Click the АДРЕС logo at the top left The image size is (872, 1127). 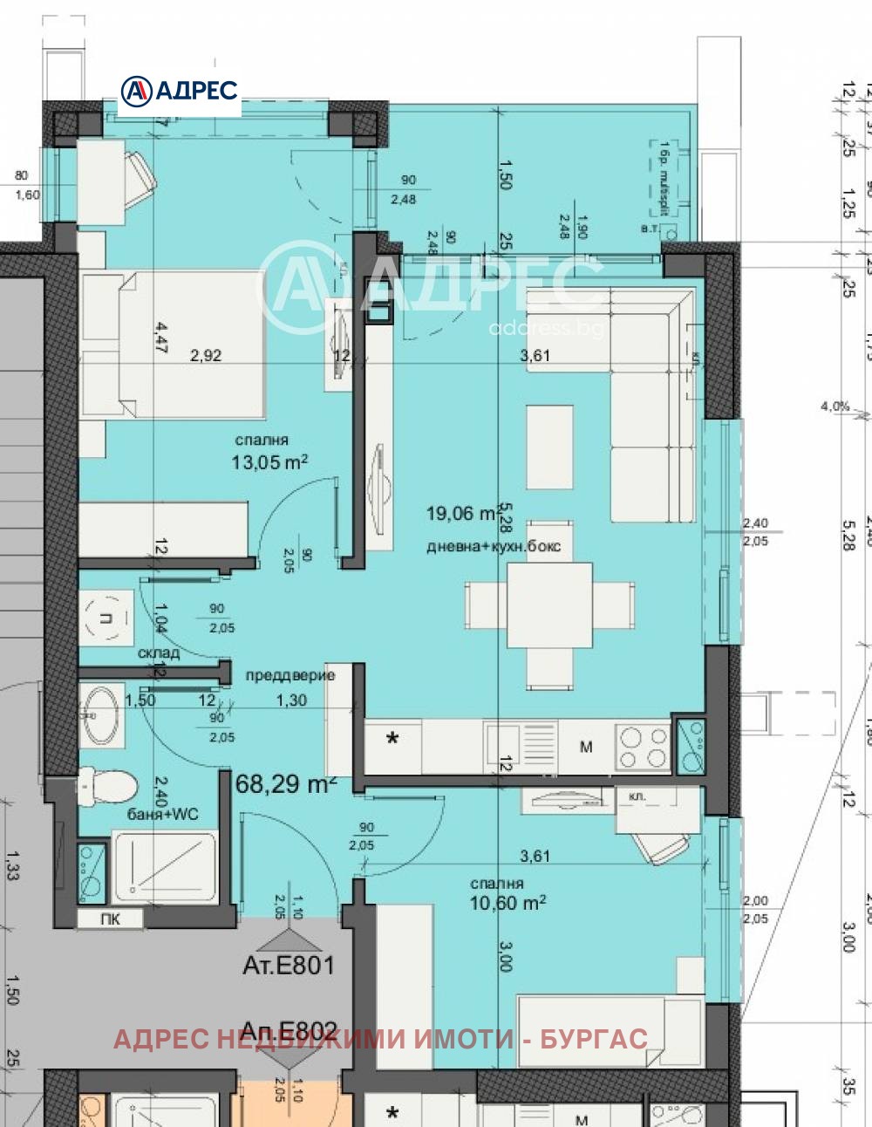180,90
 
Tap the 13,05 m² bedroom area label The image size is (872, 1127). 269,462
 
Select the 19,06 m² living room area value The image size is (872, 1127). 462,514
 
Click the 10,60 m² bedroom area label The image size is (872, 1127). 508,904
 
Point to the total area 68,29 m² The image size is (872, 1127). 285,784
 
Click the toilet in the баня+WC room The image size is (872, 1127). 106,786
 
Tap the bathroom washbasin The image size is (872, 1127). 101,715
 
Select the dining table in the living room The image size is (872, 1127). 549,604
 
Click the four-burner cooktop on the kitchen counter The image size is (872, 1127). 643,748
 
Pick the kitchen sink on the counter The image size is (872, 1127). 521,747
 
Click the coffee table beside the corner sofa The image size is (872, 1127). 549,447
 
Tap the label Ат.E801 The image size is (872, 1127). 288,966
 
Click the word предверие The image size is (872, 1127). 290,675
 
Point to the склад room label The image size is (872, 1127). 159,652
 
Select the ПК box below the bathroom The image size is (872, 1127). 110,919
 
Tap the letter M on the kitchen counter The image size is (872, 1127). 586,747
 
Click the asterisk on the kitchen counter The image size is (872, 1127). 392,740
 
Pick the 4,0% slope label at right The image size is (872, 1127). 835,406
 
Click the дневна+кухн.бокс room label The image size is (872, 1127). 494,547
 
